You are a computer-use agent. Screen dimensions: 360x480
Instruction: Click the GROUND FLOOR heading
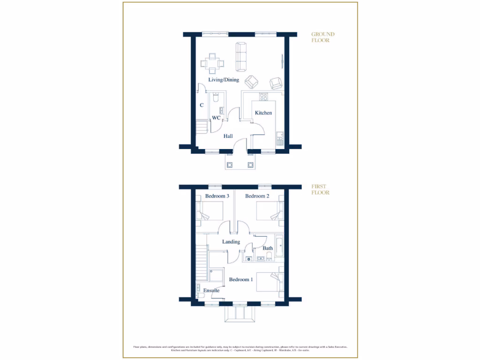(323, 37)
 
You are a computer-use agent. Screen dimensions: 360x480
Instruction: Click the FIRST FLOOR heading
(321, 189)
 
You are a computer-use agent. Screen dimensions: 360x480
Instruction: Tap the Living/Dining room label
(224, 80)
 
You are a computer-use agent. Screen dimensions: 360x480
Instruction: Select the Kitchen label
(263, 113)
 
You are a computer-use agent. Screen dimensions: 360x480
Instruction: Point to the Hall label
(228, 136)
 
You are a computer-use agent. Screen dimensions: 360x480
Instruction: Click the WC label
(216, 118)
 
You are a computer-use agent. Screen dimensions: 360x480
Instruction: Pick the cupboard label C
(202, 105)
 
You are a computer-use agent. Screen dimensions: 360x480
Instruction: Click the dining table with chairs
(212, 63)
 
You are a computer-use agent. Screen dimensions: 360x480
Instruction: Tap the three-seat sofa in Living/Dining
(241, 56)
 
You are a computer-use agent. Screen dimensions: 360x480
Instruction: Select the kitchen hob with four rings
(263, 97)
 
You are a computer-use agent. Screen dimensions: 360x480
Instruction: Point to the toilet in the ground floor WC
(215, 98)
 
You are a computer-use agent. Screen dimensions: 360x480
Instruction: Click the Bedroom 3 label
(217, 196)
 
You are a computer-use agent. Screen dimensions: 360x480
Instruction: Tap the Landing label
(231, 242)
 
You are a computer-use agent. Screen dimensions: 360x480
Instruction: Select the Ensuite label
(211, 291)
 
